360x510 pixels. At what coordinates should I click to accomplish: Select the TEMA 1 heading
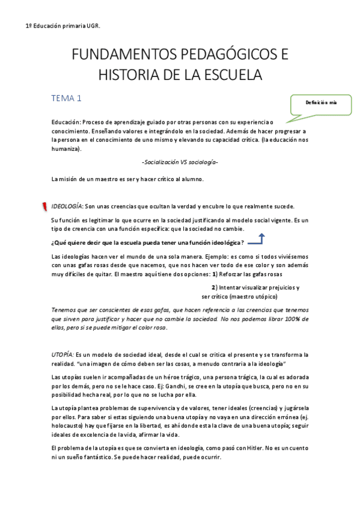pos(66,98)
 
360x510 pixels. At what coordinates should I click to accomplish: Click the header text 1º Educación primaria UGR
pos(63,26)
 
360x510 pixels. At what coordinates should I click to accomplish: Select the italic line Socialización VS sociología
pos(180,162)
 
